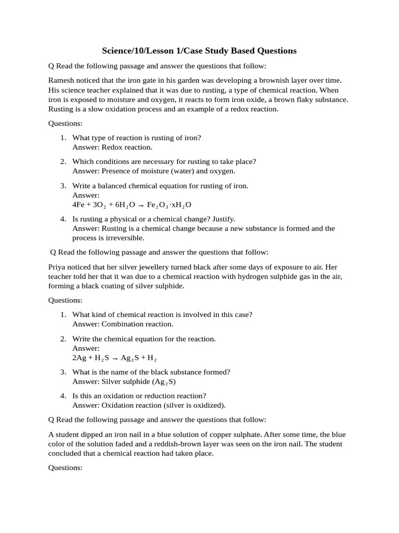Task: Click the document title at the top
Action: tap(199, 51)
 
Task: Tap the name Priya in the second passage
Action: tap(58, 267)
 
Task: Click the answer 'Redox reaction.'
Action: tap(126, 147)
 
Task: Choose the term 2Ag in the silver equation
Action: tap(80, 358)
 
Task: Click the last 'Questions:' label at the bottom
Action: tap(65, 468)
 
